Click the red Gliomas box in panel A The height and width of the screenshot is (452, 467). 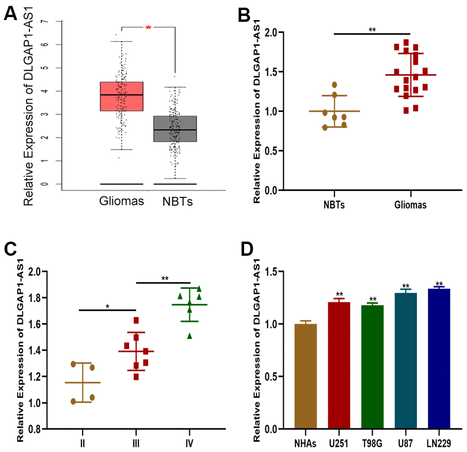(121, 96)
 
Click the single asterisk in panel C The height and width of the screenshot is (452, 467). (107, 306)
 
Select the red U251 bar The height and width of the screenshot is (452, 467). (339, 365)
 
